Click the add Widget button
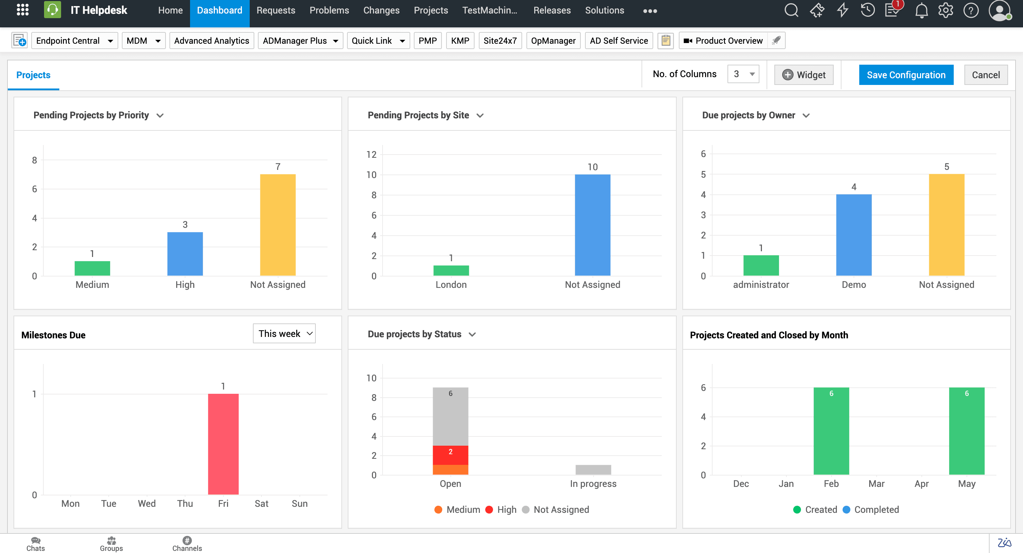tap(803, 75)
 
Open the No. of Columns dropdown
tap(743, 74)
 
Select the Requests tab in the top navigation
tap(276, 10)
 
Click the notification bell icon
tap(921, 10)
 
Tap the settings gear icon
tap(946, 10)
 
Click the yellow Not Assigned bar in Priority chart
tap(277, 225)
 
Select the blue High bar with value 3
tap(185, 253)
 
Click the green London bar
tap(451, 270)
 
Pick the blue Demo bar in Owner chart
tap(854, 235)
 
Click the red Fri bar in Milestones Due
tap(223, 444)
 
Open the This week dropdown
tap(284, 333)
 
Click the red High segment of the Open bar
tap(450, 455)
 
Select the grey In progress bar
tap(593, 469)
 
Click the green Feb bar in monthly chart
tap(831, 431)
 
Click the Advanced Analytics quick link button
tap(211, 41)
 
